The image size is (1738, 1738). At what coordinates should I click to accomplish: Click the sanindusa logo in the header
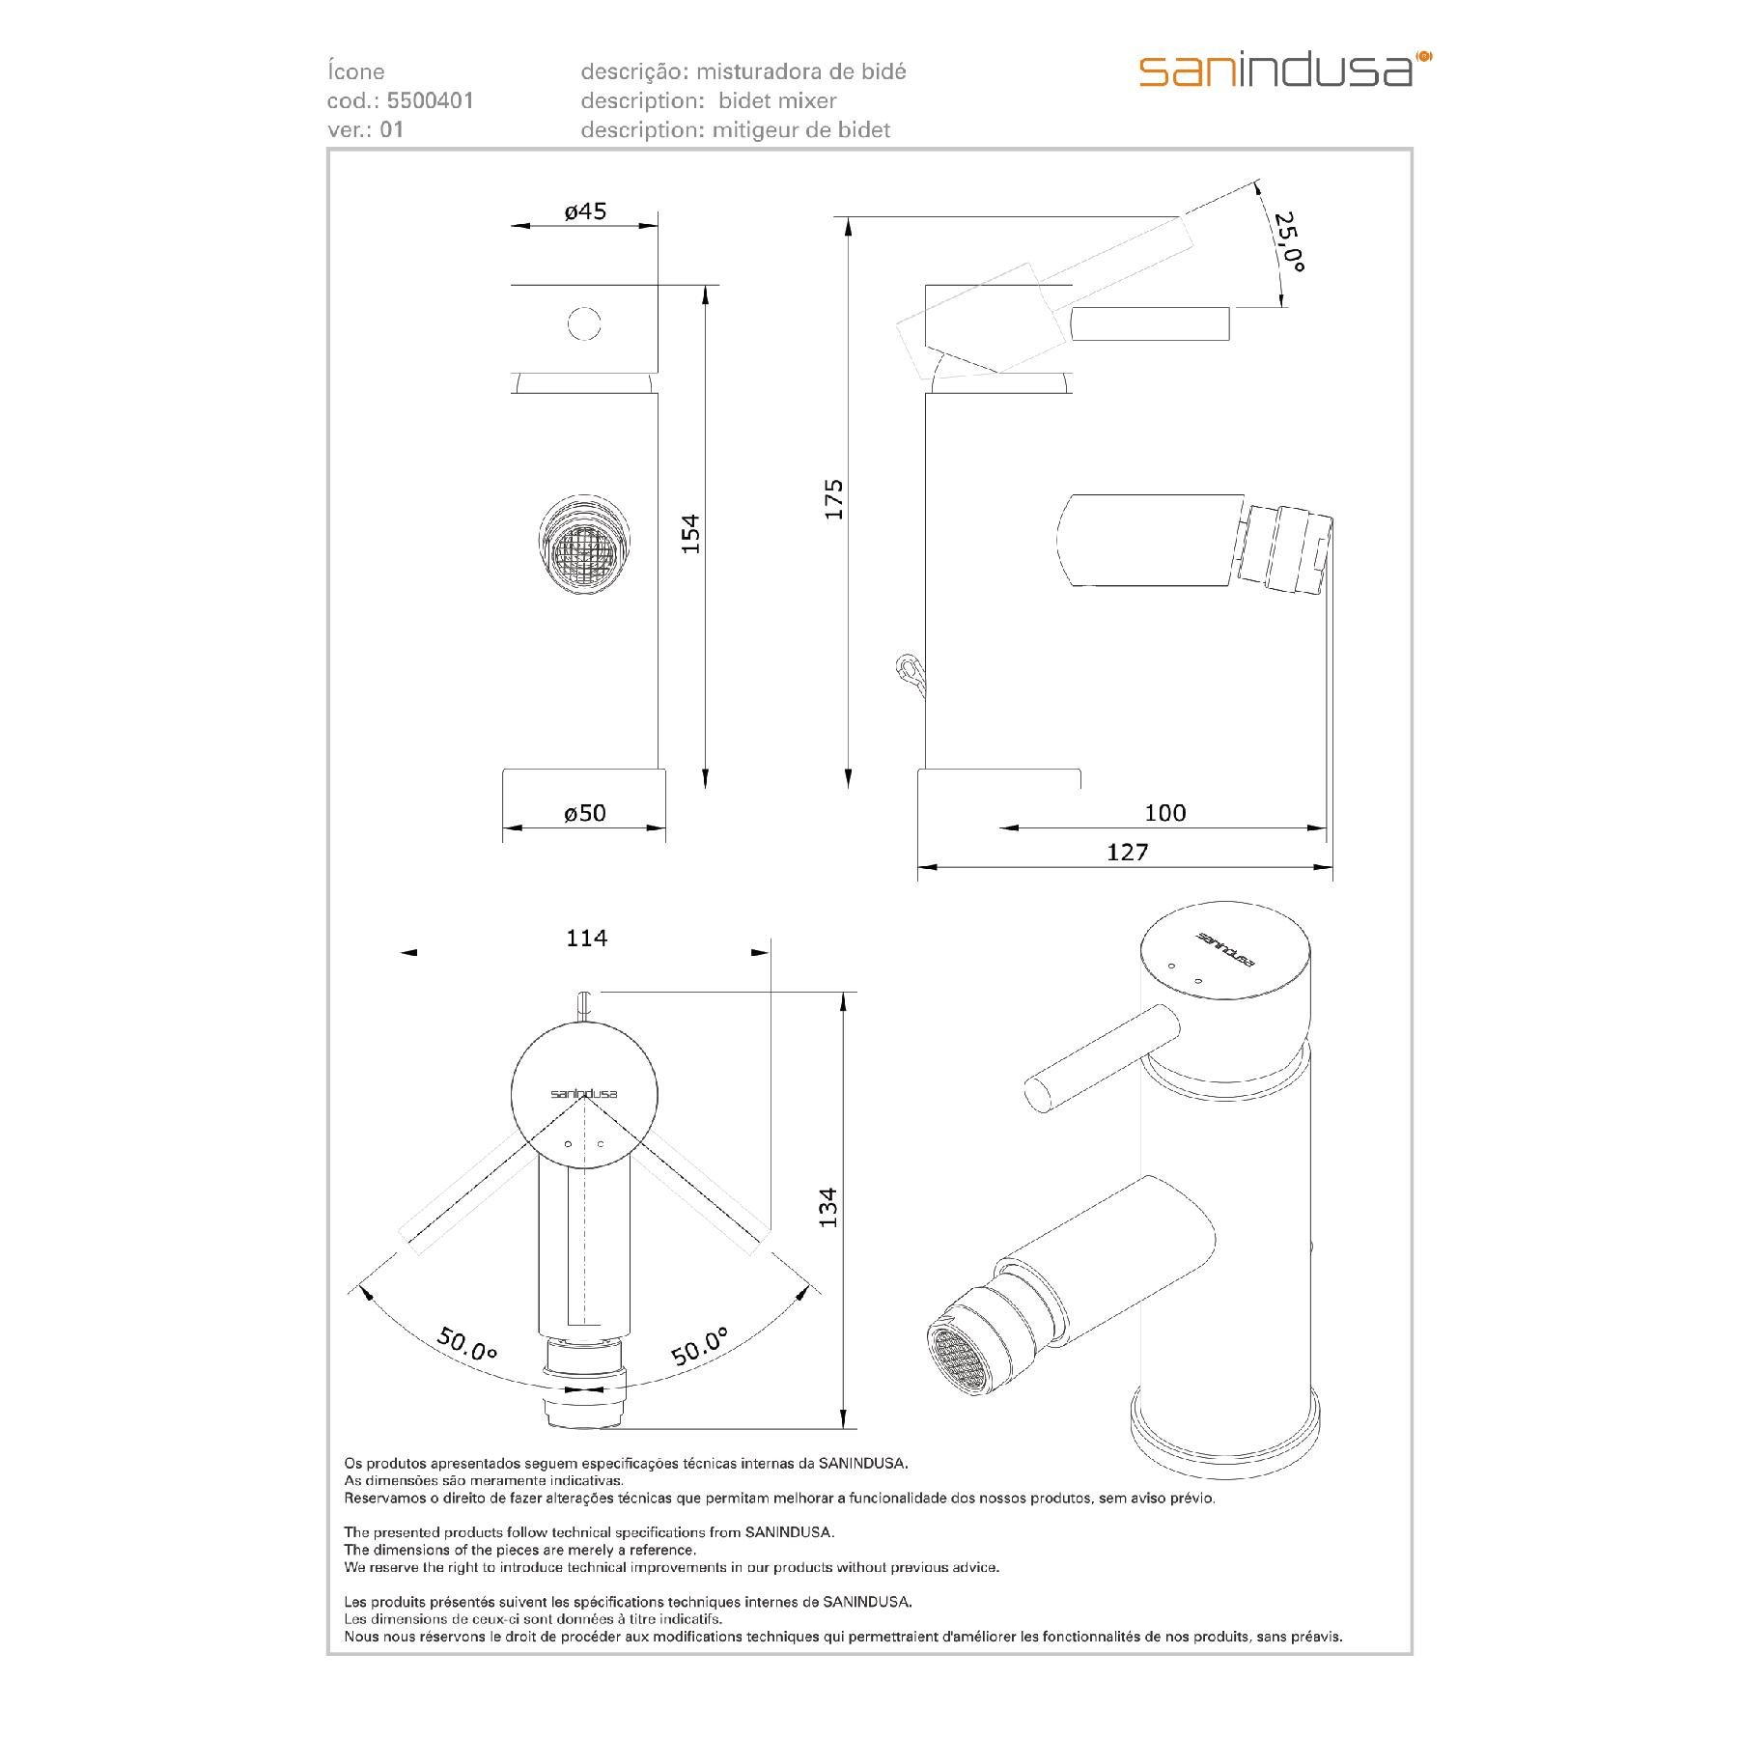tap(1285, 70)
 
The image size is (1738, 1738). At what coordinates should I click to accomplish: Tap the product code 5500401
tap(430, 100)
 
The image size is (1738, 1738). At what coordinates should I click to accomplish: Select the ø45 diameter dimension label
tap(585, 210)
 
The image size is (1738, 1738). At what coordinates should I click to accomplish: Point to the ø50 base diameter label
tap(585, 813)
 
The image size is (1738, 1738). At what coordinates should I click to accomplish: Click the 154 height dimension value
tap(689, 535)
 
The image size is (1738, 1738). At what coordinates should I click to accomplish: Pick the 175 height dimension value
tap(833, 499)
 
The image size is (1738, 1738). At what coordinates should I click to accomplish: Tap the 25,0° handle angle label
tap(1288, 242)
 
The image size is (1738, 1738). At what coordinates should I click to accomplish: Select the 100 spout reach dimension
tap(1164, 813)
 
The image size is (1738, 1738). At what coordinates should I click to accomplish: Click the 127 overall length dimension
tap(1128, 852)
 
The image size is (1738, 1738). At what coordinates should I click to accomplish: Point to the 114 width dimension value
tap(586, 938)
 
